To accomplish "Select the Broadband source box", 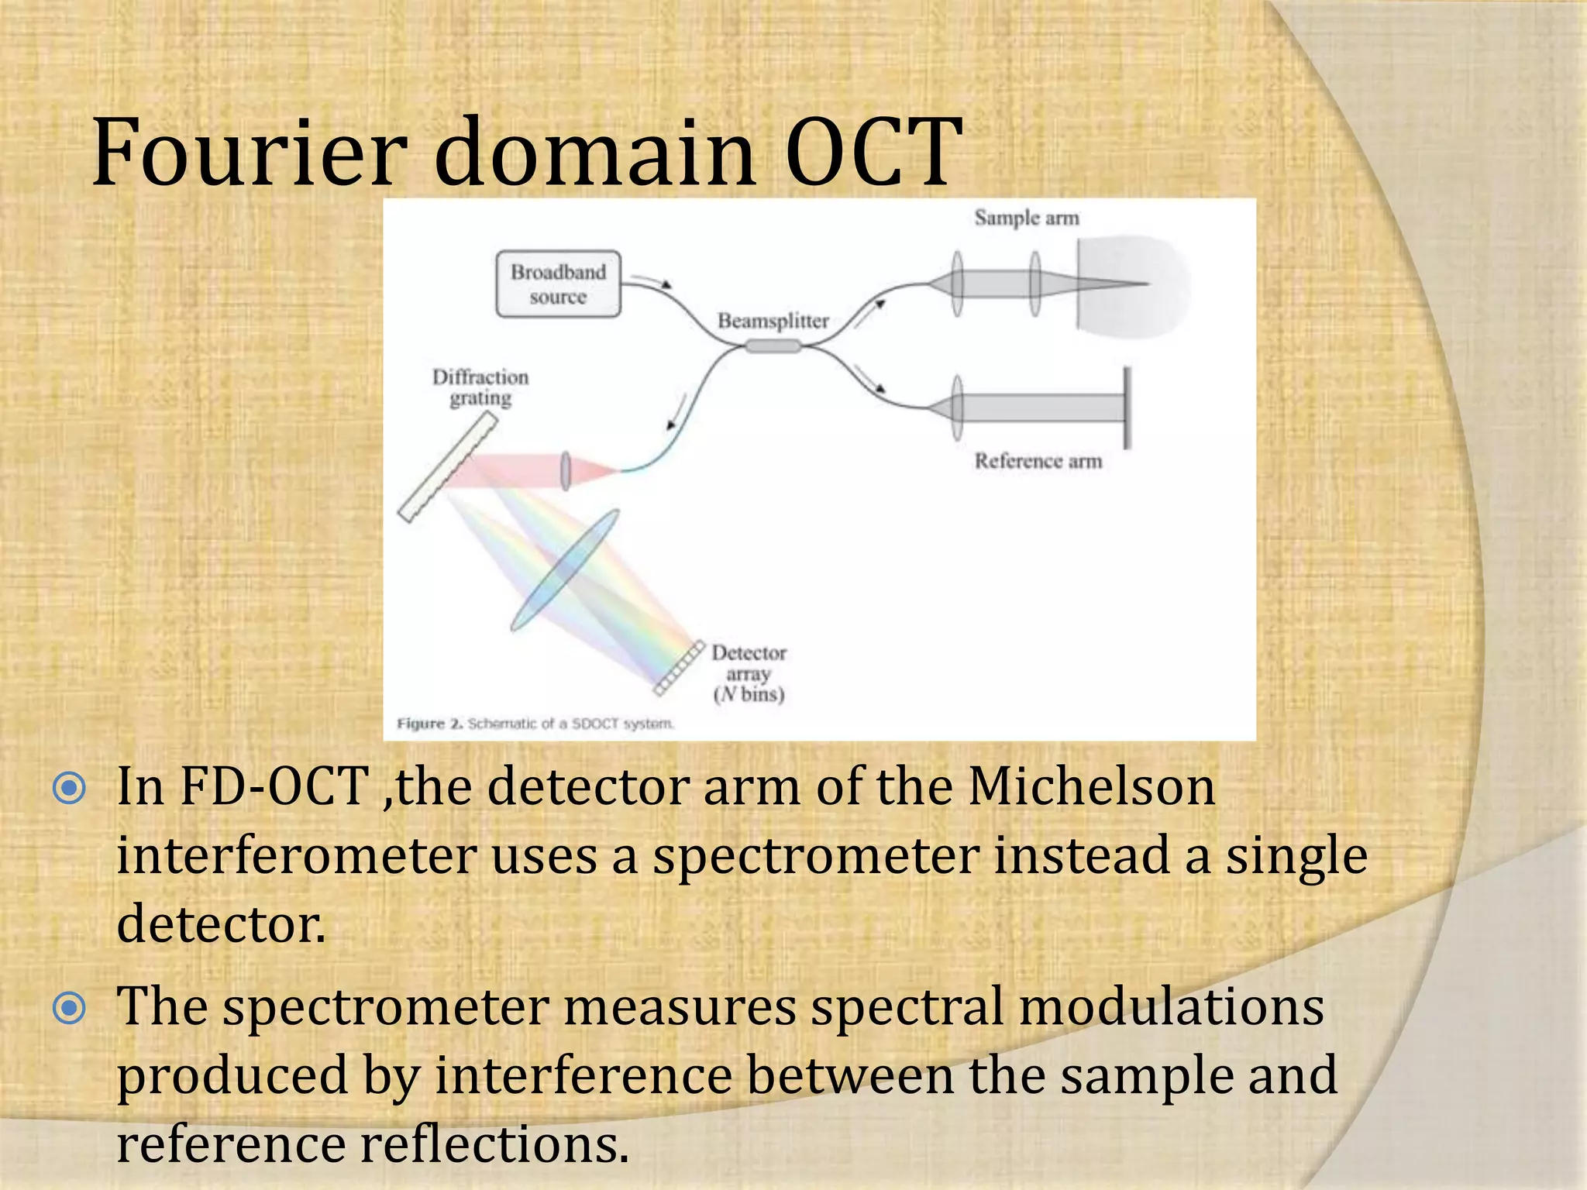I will pos(558,284).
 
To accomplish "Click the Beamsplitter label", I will pos(773,321).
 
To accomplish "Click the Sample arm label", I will pos(1026,218).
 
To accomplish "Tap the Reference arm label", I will pos(1038,461).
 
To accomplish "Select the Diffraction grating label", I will pos(480,387).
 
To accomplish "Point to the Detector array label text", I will pos(749,673).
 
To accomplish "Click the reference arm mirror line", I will pos(1127,408).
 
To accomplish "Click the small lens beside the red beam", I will pos(566,470).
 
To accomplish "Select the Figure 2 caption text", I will pos(535,724).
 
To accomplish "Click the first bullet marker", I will pos(70,789).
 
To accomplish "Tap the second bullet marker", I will pos(70,1008).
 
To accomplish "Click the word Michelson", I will pos(1091,787).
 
